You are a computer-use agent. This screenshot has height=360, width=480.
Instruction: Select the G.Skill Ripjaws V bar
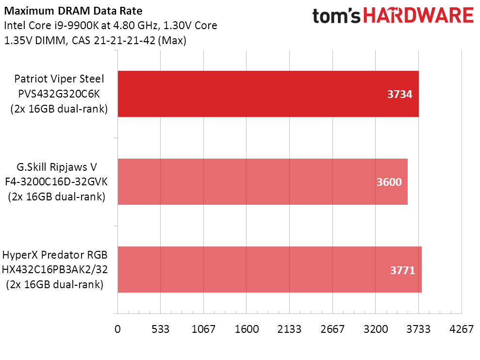click(262, 181)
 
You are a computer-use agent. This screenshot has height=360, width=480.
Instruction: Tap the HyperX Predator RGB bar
click(269, 269)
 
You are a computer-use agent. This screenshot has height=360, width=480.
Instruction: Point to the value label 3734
click(399, 95)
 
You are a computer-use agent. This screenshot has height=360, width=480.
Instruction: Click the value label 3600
click(389, 182)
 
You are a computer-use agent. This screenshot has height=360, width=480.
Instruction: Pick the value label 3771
click(402, 270)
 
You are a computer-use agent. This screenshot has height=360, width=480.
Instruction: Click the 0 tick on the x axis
click(117, 329)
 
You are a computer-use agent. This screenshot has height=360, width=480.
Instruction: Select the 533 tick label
click(160, 329)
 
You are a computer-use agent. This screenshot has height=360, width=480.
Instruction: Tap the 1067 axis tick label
click(203, 329)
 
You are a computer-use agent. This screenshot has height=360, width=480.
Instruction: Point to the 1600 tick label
click(247, 329)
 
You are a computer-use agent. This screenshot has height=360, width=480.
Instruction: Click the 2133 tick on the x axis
click(290, 329)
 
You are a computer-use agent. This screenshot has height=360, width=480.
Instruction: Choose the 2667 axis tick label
click(332, 329)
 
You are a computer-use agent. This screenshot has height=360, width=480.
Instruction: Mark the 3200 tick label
click(376, 329)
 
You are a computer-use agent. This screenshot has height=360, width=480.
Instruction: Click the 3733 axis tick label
click(419, 329)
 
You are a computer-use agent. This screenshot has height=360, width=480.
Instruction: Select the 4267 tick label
click(462, 329)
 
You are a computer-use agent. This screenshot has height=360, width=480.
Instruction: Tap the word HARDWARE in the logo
click(419, 16)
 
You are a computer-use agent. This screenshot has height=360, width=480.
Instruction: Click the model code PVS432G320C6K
click(59, 94)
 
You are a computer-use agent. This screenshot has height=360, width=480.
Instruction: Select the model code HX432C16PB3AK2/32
click(54, 269)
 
